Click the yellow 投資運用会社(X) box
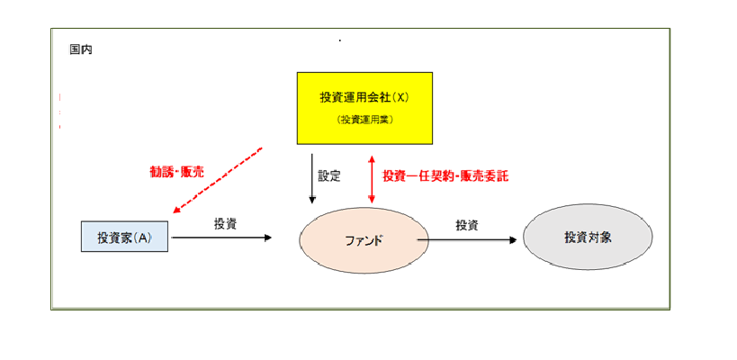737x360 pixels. pos(364,107)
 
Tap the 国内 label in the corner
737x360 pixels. pos(80,49)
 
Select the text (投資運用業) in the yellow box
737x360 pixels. pos(364,119)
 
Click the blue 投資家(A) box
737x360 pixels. pos(124,237)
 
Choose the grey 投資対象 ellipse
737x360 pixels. pos(588,238)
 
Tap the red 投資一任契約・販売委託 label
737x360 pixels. pos(445,175)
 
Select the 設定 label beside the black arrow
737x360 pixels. pos(329,175)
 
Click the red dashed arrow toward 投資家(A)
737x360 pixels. pos(218,181)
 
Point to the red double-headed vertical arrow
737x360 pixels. pos(370,175)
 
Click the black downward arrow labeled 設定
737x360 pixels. pos(311,175)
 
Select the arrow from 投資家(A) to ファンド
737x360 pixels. pos(220,238)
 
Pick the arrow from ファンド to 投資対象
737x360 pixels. pos(468,240)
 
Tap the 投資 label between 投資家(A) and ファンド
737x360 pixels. pos(225,223)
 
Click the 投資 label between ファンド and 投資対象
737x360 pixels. pos(466,225)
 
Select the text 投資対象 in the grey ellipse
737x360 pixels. pos(588,238)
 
